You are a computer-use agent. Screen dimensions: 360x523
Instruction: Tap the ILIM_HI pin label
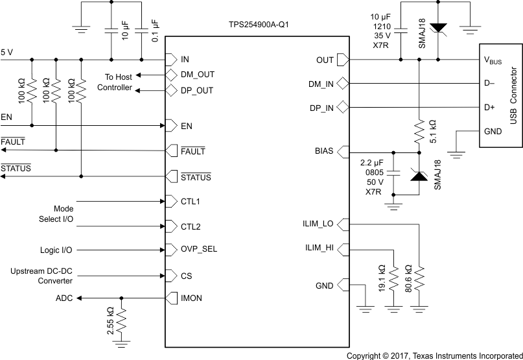coord(320,248)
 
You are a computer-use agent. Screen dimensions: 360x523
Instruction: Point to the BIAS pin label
coord(324,151)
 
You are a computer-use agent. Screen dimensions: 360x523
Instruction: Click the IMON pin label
coord(192,299)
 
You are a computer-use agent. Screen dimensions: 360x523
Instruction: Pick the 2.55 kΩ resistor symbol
coord(121,319)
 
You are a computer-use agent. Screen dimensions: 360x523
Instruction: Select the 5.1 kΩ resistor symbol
coord(419,132)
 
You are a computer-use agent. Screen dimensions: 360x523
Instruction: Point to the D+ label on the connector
coord(490,106)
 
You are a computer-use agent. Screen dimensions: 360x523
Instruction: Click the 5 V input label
coord(7,51)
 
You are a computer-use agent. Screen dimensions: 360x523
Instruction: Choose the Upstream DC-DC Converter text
coord(41,275)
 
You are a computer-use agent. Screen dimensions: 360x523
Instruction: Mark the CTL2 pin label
coord(191,226)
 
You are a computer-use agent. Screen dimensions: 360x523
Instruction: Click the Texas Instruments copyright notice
coord(434,355)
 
